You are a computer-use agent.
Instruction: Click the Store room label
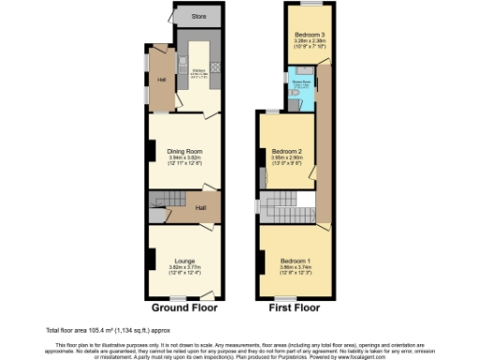(199, 17)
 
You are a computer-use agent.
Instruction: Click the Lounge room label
(185, 257)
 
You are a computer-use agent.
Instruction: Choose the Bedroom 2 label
(286, 151)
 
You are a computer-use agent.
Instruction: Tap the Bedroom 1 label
(297, 260)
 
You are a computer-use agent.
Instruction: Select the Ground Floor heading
(185, 307)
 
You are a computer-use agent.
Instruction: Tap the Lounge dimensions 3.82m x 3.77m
(185, 266)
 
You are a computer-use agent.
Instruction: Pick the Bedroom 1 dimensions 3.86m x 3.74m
(297, 267)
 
